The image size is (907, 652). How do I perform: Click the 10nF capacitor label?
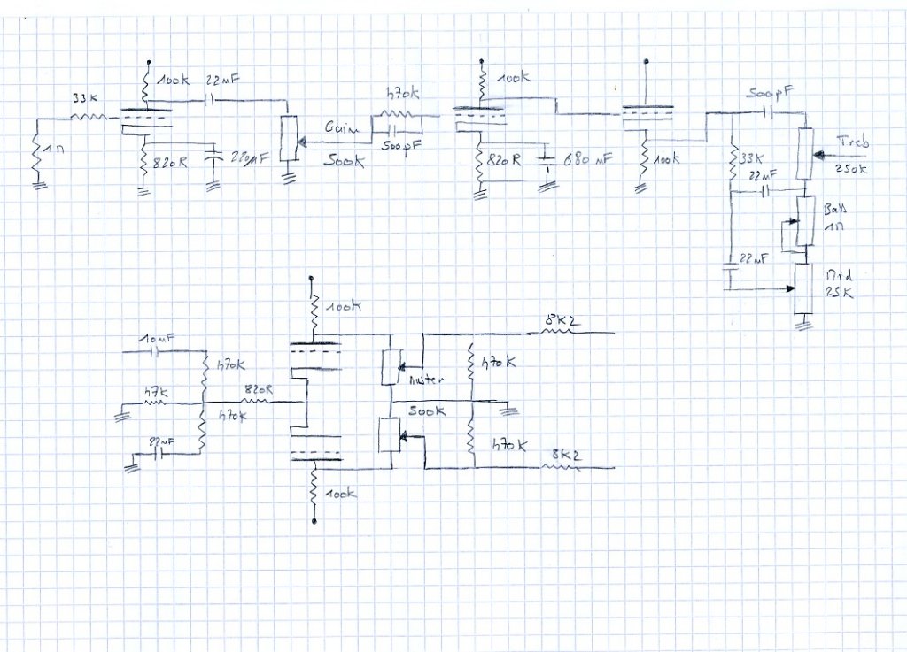[x=154, y=339]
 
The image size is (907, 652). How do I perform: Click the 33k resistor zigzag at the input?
[x=89, y=116]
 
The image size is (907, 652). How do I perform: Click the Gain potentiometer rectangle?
[x=287, y=139]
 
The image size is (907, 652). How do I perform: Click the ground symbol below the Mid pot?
[x=803, y=326]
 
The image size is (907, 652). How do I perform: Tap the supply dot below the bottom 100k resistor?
[x=314, y=523]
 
